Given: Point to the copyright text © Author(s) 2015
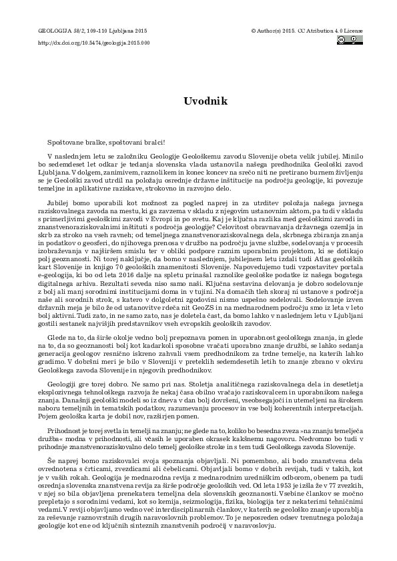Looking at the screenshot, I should coord(275,31).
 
